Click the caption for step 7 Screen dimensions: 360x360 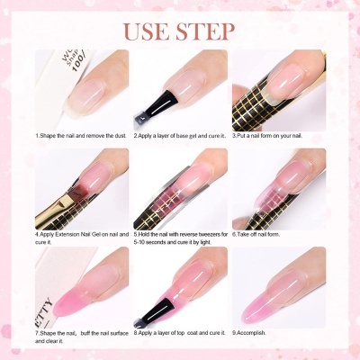pos(79,336)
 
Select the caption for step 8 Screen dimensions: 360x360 pos(180,332)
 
